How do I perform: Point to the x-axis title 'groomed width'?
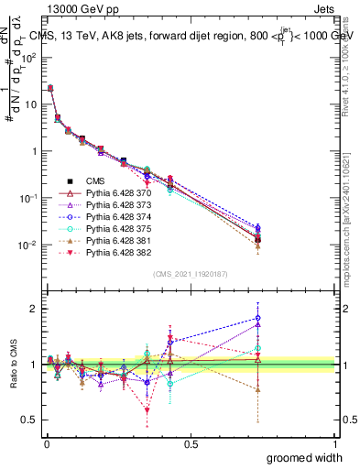point(305,457)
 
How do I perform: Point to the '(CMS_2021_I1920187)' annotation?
point(191,272)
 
